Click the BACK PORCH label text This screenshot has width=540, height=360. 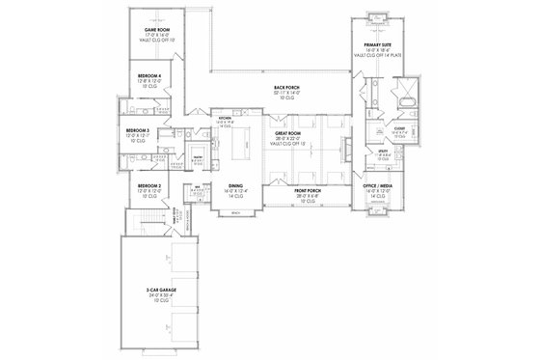tap(286, 86)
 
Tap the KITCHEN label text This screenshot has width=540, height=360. tap(226, 118)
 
